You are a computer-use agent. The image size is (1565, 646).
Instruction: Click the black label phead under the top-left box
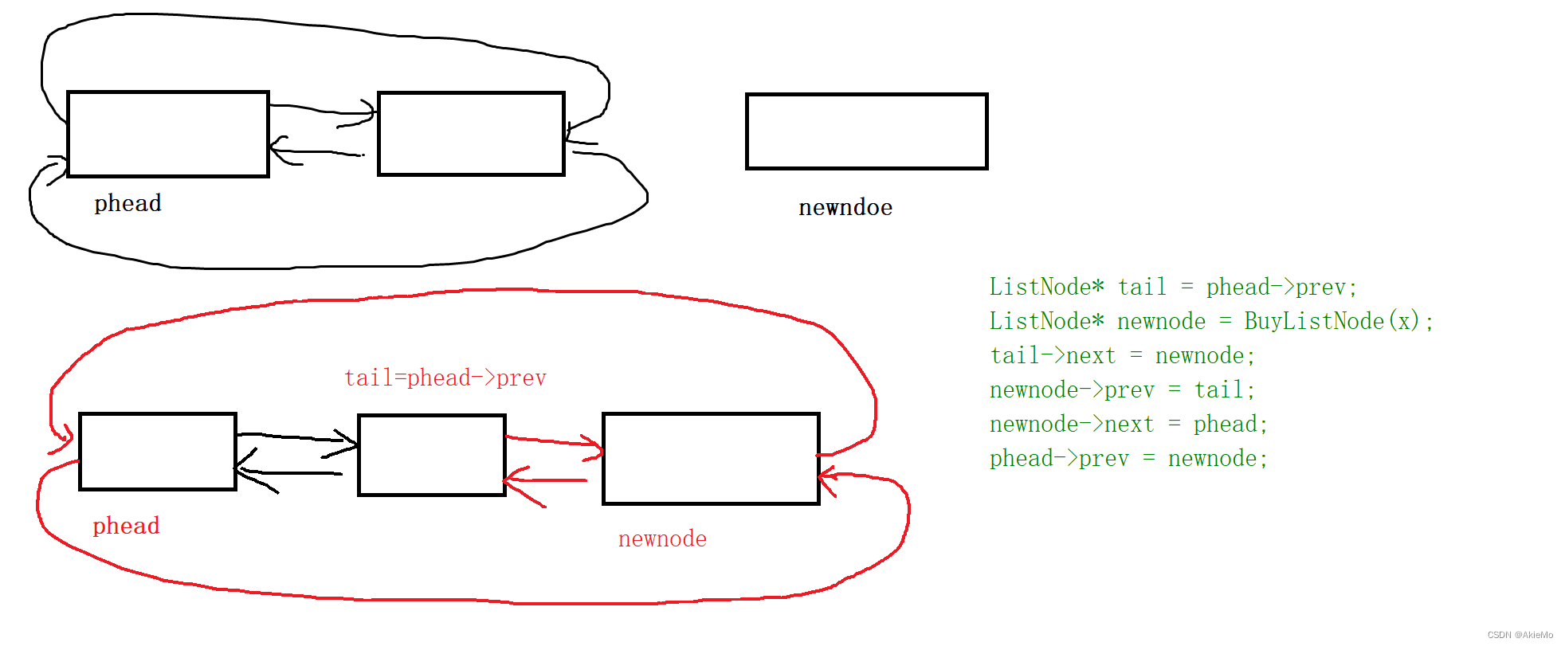[x=127, y=203]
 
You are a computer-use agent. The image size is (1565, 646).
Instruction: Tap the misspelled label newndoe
[x=845, y=207]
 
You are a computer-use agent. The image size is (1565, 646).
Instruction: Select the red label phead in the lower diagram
[x=126, y=526]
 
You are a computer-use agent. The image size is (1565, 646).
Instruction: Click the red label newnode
[x=662, y=538]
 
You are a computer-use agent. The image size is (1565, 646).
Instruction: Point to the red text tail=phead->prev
[x=445, y=378]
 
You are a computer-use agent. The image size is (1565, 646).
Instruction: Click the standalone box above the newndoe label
[x=866, y=131]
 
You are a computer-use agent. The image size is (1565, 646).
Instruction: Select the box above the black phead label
[x=167, y=134]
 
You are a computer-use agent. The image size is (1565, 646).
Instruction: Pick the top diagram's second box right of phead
[x=471, y=134]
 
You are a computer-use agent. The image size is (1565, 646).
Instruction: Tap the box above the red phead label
[x=158, y=452]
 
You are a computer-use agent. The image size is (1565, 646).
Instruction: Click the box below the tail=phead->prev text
[x=432, y=455]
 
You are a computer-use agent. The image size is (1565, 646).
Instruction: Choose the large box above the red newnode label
[x=711, y=458]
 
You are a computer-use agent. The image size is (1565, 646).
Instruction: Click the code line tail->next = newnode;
[x=1122, y=355]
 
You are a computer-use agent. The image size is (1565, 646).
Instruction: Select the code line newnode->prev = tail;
[x=1122, y=390]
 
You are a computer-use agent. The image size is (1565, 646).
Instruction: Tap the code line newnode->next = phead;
[x=1128, y=424]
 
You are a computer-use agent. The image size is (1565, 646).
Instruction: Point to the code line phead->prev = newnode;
[x=1128, y=458]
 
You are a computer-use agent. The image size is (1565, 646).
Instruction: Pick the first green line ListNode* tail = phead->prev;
[x=1173, y=287]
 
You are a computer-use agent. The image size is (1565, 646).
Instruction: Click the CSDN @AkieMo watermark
[x=1520, y=635]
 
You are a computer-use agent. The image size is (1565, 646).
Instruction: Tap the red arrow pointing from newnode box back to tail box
[x=546, y=480]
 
